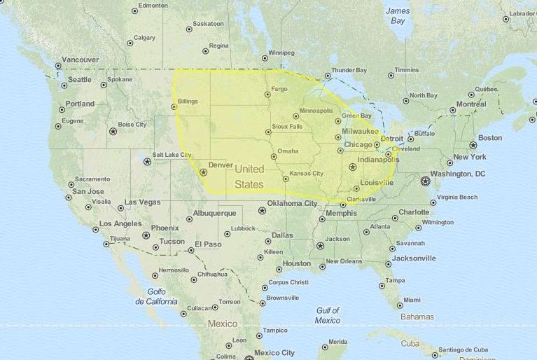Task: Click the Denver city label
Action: click(x=221, y=165)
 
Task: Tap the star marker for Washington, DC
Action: click(x=425, y=181)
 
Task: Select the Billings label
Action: click(x=188, y=101)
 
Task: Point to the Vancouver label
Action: click(x=81, y=60)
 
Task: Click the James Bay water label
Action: click(x=398, y=15)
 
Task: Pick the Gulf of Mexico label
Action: click(x=327, y=315)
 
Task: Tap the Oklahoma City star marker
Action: click(x=263, y=210)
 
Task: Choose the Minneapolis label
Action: click(x=316, y=111)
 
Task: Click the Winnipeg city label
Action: click(x=282, y=53)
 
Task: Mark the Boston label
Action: click(x=490, y=138)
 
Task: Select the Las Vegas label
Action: click(x=142, y=202)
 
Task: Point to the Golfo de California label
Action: click(x=157, y=296)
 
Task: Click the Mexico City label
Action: click(x=274, y=353)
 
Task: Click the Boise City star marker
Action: click(x=112, y=131)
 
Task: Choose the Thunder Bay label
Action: click(x=349, y=70)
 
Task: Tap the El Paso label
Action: click(x=208, y=244)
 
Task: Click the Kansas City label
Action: click(x=306, y=173)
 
